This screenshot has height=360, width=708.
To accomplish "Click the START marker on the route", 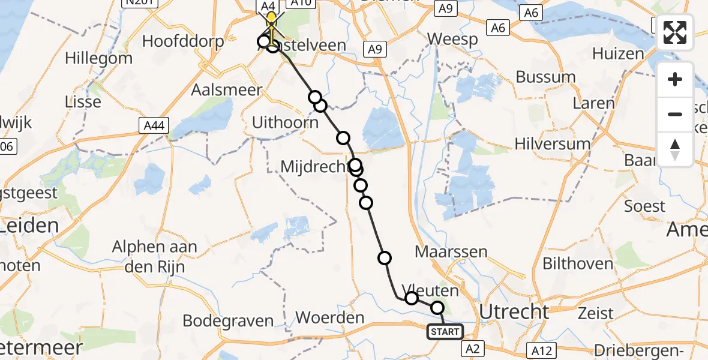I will (445, 332).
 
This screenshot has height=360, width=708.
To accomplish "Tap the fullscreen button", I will (675, 32).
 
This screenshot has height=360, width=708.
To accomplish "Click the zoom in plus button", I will (675, 79).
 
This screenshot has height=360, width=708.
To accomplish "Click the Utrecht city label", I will (515, 312).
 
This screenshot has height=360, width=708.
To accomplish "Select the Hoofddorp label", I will (183, 41).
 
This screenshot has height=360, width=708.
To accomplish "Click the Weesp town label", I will (452, 40).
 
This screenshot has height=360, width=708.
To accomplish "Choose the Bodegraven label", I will (228, 320).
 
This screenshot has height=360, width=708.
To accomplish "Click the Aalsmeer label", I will (227, 90).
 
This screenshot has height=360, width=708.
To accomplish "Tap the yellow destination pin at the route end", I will (272, 18).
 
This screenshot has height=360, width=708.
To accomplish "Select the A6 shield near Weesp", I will (498, 28).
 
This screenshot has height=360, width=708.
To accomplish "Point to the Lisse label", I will (85, 102).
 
